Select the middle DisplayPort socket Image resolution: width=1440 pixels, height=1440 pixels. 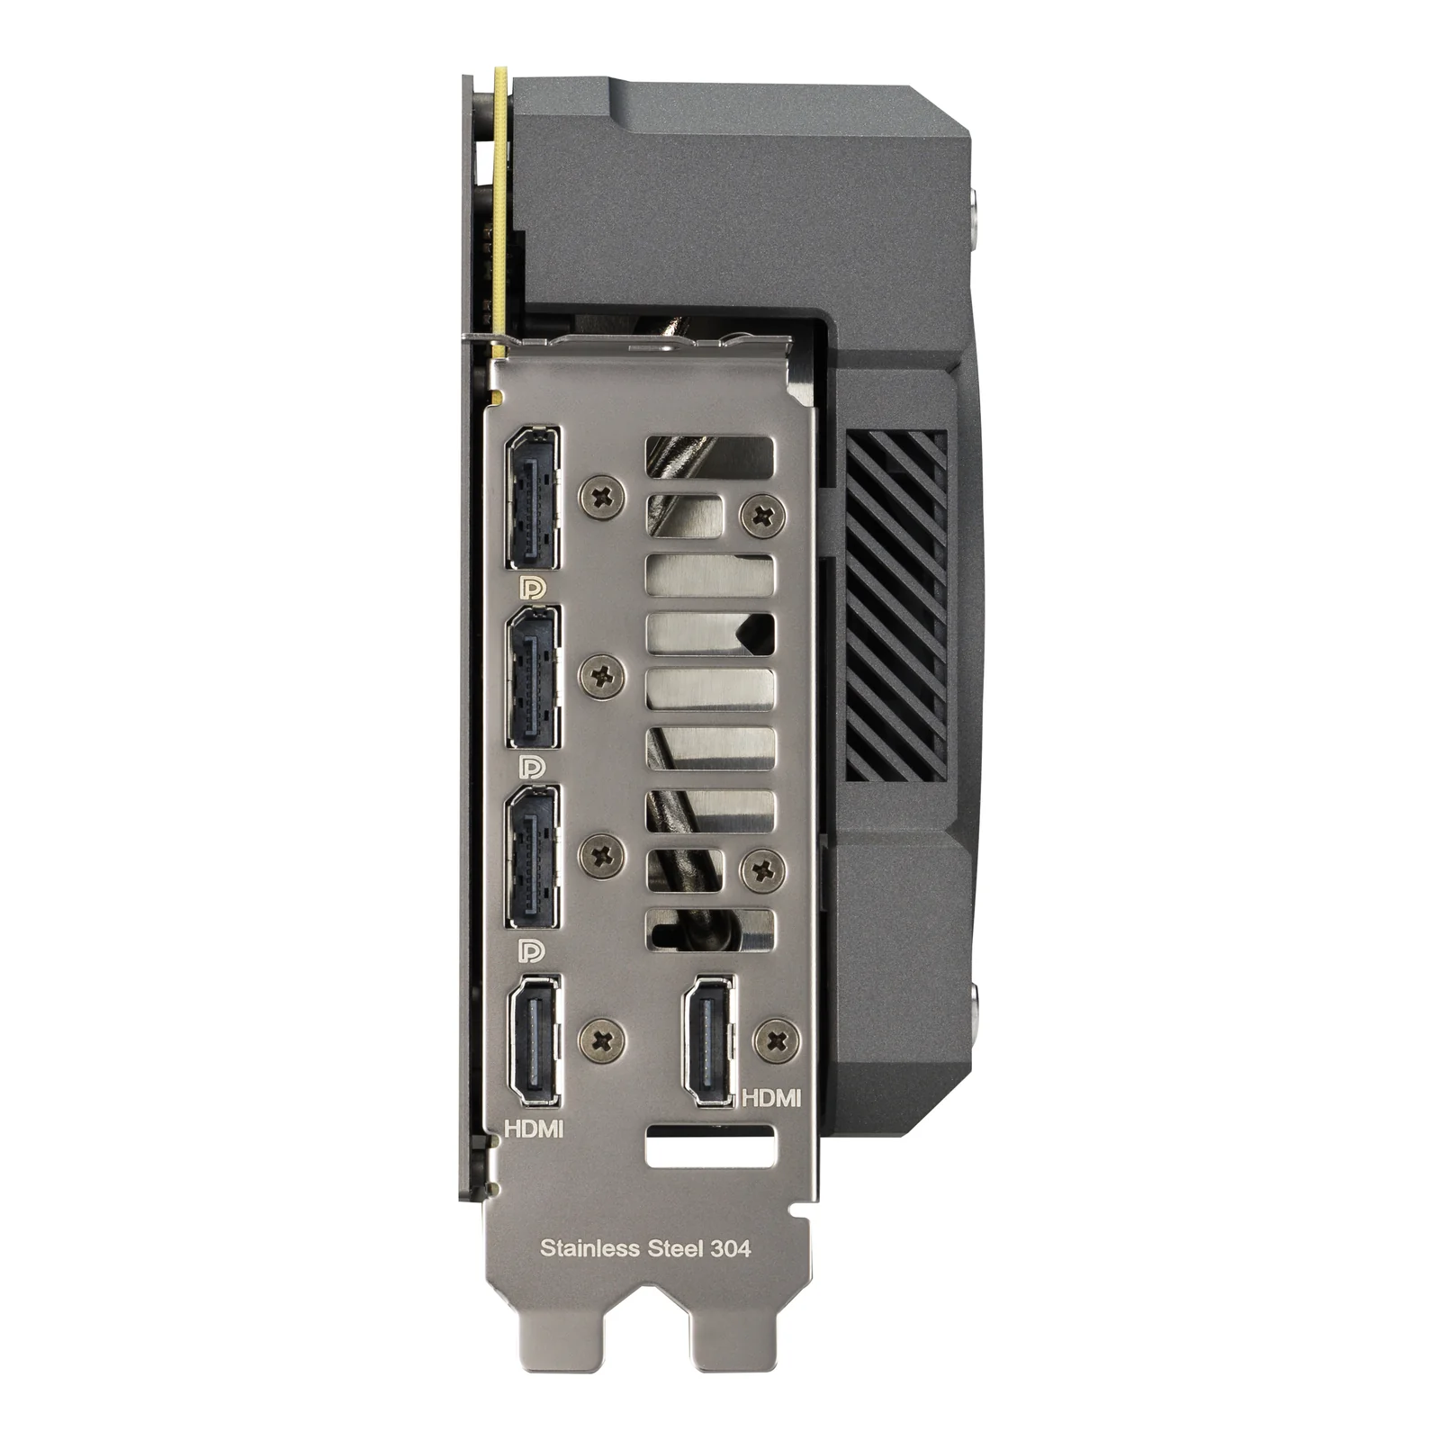tap(532, 677)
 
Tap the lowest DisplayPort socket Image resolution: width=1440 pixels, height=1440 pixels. tap(532, 857)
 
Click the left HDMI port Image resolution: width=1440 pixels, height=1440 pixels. tap(534, 1040)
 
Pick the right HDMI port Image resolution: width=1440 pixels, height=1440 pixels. tap(710, 1040)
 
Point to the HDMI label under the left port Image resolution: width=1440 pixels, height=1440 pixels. tap(534, 1128)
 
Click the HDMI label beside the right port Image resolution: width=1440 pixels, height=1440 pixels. tap(770, 1097)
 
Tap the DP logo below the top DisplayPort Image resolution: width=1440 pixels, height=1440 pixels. tap(532, 589)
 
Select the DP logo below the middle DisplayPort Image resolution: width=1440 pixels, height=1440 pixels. tap(532, 767)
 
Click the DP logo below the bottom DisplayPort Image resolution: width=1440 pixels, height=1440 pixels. tap(532, 950)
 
